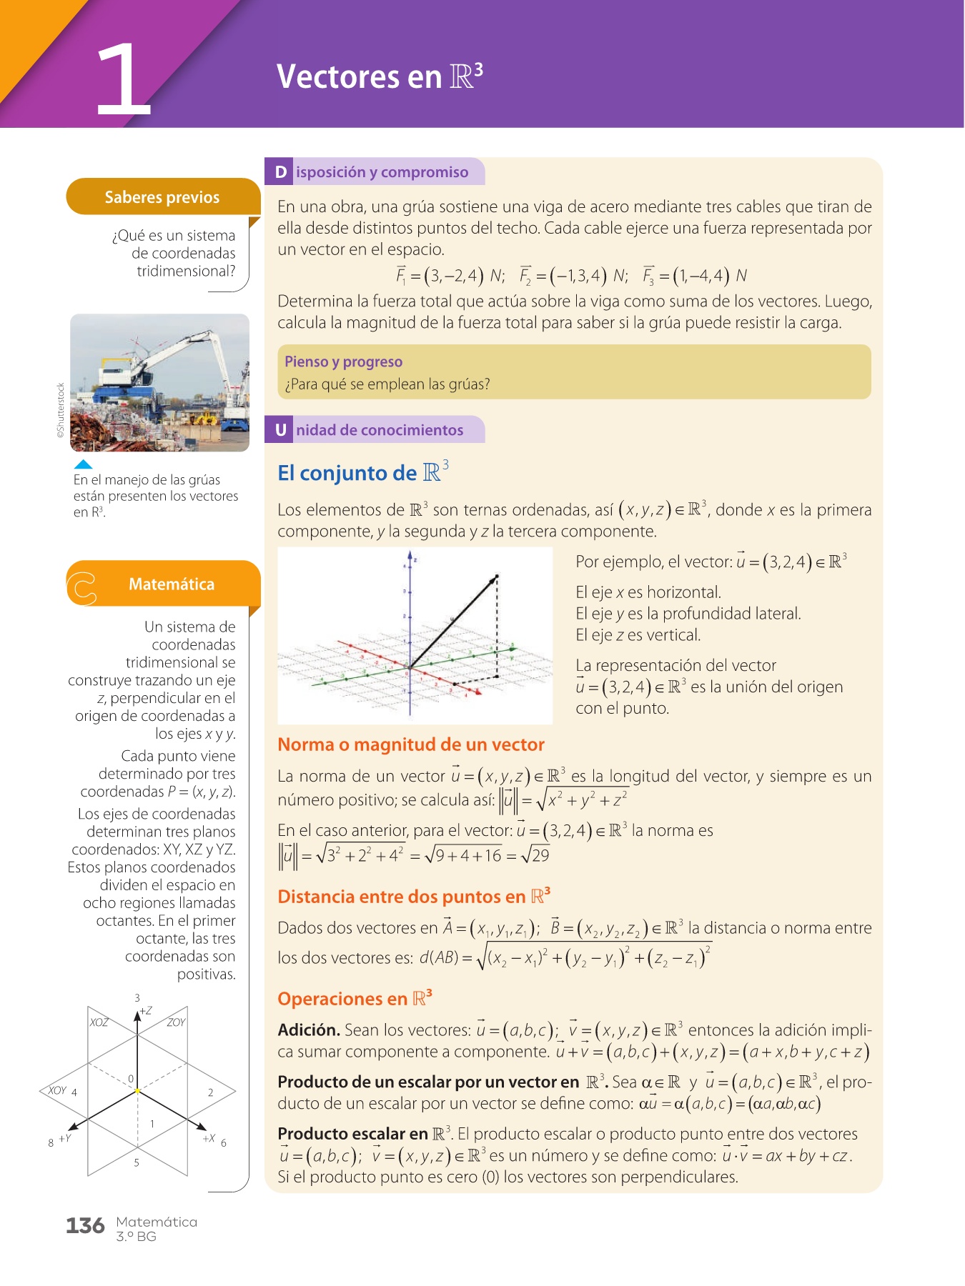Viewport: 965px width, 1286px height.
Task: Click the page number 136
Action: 85,1226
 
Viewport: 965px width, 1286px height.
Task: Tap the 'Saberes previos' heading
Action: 162,197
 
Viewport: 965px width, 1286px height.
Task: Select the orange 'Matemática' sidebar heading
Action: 172,584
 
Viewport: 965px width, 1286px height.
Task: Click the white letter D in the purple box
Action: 281,172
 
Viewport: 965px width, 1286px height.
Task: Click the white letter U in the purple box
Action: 281,430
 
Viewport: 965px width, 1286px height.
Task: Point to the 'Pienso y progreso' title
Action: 343,362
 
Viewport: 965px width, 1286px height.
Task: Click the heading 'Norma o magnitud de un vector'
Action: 411,744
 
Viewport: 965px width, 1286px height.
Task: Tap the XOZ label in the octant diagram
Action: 99,1022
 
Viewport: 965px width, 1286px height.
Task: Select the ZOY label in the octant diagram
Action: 176,1022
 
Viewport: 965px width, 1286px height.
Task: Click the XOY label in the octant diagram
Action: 57,1090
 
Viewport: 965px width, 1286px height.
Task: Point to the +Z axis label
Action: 146,1011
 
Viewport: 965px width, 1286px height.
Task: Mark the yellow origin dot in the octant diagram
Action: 137,1092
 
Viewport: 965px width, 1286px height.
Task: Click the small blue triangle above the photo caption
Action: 84,464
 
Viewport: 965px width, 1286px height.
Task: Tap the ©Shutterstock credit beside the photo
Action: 61,410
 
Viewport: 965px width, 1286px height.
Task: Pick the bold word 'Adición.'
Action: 309,1030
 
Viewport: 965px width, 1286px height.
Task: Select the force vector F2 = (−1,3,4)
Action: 563,276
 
